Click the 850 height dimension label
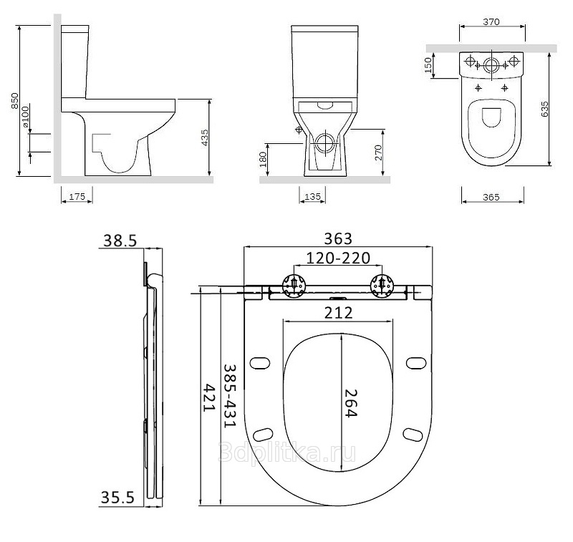15,101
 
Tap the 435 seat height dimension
206,138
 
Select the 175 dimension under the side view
77,196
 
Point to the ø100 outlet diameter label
25,117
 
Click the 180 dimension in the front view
263,159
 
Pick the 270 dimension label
378,153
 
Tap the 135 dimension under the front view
312,196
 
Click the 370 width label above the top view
491,22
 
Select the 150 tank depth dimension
428,65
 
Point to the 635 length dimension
544,109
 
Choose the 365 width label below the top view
491,197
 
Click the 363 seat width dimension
338,239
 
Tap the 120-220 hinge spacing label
338,258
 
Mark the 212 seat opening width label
339,313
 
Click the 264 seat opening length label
350,403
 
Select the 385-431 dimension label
230,395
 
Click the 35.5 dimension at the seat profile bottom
117,498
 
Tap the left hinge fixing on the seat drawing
294,286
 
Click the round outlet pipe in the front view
324,142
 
